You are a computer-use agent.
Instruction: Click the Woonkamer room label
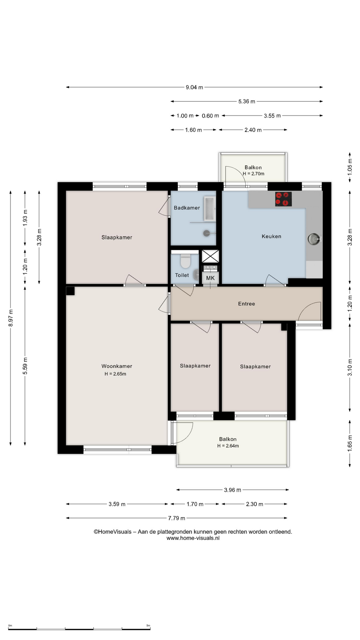117,366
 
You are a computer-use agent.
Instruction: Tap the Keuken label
271,236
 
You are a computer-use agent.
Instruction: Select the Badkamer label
187,208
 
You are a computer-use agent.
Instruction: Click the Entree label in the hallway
246,304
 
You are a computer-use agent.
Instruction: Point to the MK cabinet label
210,278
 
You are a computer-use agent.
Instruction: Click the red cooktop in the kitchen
283,199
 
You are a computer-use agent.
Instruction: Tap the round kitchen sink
314,239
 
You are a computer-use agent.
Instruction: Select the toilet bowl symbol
185,261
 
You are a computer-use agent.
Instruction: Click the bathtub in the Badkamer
209,209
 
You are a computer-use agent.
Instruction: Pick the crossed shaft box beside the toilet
210,256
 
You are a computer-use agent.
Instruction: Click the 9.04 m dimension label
194,87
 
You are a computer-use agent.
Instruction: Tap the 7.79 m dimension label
176,518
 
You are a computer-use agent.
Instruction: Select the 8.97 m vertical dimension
11,318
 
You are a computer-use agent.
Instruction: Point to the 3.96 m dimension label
232,490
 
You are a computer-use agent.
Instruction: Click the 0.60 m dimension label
210,116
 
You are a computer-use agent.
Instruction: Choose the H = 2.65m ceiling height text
115,374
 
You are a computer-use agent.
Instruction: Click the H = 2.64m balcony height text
228,446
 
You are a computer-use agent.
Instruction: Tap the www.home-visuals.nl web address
193,538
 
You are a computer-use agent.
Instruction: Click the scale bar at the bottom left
79,629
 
